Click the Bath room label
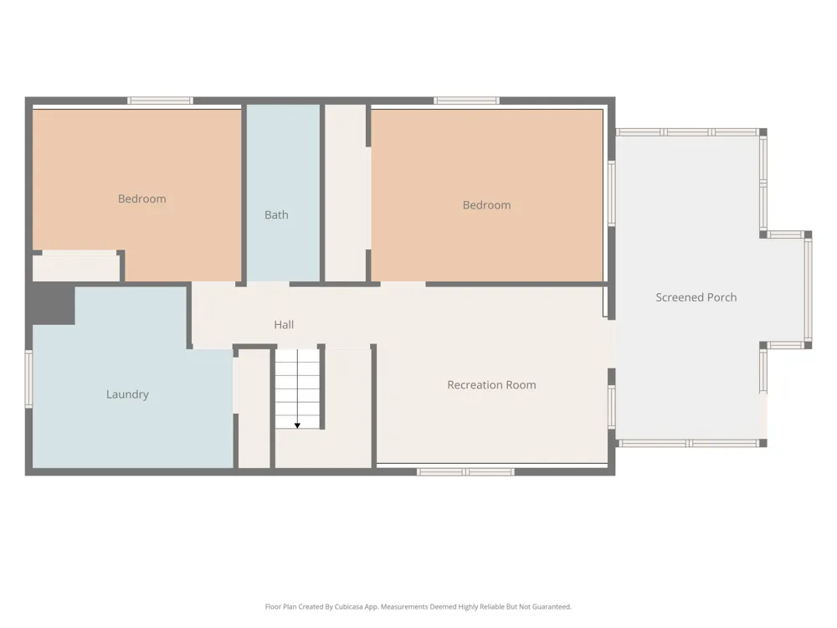276,214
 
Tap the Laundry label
127,394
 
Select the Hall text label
284,325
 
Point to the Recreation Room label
491,385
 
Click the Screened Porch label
696,297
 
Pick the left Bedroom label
142,198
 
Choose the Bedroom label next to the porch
487,205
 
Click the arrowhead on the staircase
297,425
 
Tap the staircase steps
297,389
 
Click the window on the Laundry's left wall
28,379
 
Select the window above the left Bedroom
160,100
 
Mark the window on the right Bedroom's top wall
466,100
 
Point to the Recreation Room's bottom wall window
465,472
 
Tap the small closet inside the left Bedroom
76,266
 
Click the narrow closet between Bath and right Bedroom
346,193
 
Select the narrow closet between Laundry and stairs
254,409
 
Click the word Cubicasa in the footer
348,606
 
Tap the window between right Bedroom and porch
612,193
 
